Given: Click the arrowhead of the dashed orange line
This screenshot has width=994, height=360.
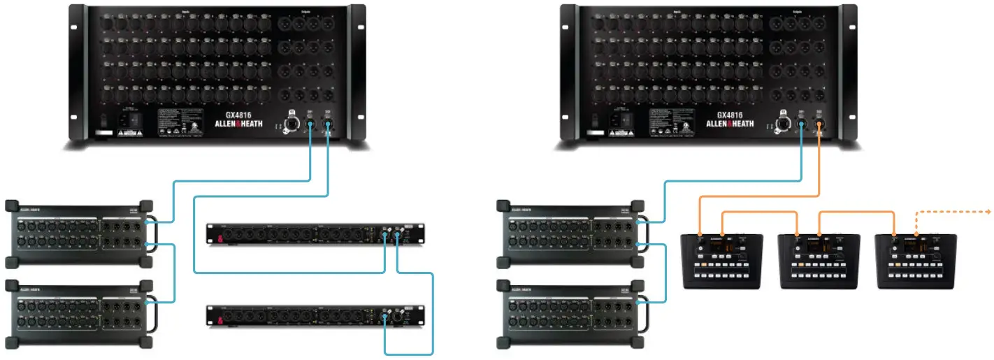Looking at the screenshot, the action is click(989, 210).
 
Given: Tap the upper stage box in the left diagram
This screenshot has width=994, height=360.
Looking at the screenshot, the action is click(78, 234).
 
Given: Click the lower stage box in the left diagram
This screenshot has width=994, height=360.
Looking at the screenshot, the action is click(78, 312).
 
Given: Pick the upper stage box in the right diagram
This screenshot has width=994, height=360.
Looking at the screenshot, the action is click(570, 234).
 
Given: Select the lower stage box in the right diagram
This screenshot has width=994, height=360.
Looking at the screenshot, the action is click(570, 312).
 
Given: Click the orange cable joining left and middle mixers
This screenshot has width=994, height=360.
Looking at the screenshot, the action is click(759, 211).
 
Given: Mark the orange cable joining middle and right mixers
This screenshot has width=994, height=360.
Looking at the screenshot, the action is click(857, 211).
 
